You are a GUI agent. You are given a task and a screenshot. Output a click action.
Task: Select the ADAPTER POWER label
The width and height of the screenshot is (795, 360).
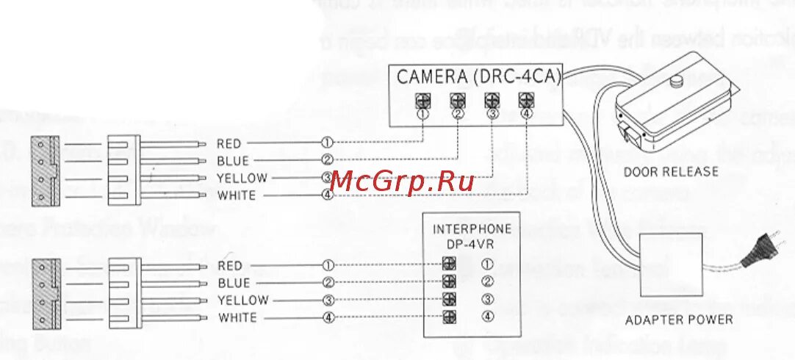pos(678,319)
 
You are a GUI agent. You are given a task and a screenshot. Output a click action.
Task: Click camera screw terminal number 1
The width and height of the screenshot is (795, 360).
pos(423,100)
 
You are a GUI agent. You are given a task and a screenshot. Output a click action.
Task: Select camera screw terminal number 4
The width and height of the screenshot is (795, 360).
pos(525,100)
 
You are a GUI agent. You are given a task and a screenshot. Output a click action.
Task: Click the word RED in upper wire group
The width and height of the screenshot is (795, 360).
pos(229,143)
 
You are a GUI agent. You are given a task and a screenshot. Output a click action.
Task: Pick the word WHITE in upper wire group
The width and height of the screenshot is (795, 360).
pos(237,195)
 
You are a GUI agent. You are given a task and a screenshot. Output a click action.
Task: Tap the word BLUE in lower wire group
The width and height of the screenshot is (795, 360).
pos(233,283)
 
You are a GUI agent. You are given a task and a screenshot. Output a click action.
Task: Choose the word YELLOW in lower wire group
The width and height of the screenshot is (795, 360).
pos(242,300)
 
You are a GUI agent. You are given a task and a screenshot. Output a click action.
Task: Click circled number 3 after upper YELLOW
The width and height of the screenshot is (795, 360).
pos(328,178)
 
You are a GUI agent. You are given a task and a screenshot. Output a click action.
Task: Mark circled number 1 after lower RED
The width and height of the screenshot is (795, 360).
pos(328,265)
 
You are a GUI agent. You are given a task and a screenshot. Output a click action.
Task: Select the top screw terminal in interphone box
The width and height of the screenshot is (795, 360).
pos(449,264)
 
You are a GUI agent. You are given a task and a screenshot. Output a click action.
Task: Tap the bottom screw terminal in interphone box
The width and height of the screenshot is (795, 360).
pos(449,317)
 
